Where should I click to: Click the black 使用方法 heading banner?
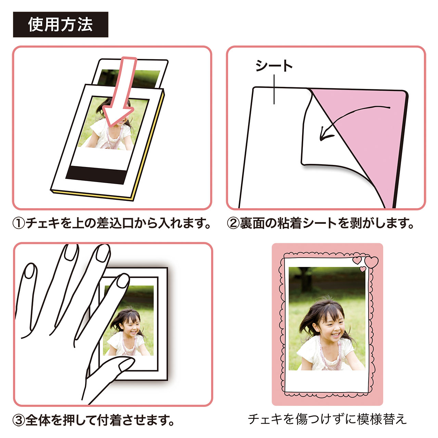tap(61, 25)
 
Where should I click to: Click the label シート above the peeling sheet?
tap(274, 66)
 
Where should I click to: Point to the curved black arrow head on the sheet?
tap(325, 134)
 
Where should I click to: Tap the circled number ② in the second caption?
tap(233, 223)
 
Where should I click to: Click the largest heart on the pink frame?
tap(371, 262)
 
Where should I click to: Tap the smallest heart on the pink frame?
tap(363, 269)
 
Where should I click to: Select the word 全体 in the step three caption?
tap(38, 421)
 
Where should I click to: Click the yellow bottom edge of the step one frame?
tap(92, 196)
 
